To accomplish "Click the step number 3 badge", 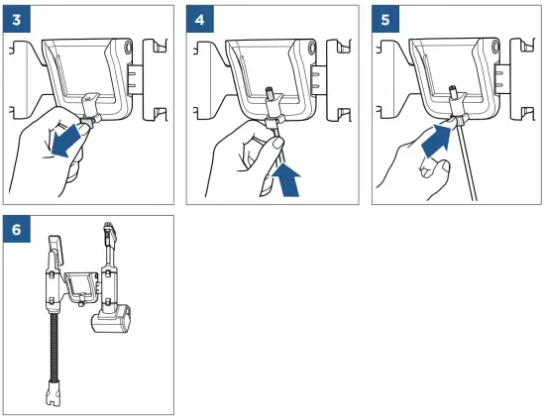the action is pyautogui.click(x=17, y=20).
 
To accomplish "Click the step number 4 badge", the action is pyautogui.click(x=200, y=20).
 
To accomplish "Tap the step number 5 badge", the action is pyautogui.click(x=385, y=20).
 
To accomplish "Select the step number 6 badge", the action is pyautogui.click(x=17, y=230).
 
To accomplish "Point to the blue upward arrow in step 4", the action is pyautogui.click(x=287, y=180).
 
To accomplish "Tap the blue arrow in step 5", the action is pyautogui.click(x=436, y=141).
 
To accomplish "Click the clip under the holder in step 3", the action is pyautogui.click(x=89, y=120).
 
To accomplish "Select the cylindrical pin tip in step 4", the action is pyautogui.click(x=270, y=93).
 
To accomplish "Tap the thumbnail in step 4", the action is pyautogui.click(x=277, y=142).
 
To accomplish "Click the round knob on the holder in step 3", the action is pyautogui.click(x=128, y=47).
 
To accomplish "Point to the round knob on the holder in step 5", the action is pyautogui.click(x=494, y=47).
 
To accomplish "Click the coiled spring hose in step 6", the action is pyautogui.click(x=54, y=347).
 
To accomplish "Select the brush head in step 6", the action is pyautogui.click(x=111, y=319).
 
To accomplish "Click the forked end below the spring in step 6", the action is pyautogui.click(x=54, y=392).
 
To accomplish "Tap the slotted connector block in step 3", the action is pyautogui.click(x=135, y=79).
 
